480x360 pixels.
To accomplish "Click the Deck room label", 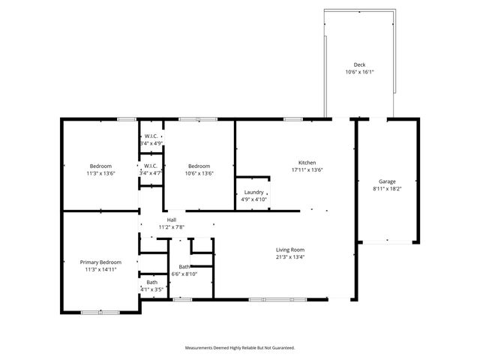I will (359, 65).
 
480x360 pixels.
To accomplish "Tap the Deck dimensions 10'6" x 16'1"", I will (359, 73).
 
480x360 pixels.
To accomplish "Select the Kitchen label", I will (307, 163).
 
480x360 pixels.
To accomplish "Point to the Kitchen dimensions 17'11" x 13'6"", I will (307, 170).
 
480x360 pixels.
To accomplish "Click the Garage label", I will (387, 182).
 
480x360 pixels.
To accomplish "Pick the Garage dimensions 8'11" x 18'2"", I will (387, 190).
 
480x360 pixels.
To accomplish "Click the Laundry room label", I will (253, 192).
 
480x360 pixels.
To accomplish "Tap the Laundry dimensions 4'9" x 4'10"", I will (253, 199).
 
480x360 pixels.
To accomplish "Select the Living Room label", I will (290, 250).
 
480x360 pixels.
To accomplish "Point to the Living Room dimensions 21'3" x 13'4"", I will (290, 257).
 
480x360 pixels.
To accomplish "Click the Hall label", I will (172, 220).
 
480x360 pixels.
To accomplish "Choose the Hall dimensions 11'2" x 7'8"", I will (172, 227).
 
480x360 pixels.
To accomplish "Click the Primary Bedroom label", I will (100, 262).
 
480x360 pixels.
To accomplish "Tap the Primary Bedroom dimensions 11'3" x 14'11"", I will (100, 269).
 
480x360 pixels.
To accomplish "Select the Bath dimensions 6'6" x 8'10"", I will (184, 274).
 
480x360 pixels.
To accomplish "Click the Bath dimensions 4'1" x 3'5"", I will (151, 289).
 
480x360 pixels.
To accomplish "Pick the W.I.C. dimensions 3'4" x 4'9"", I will (151, 143).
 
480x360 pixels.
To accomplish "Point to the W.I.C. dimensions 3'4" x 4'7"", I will (151, 173).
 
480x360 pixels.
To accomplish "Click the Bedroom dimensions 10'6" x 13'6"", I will (199, 173).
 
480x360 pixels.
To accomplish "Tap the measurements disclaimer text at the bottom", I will (240, 348).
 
